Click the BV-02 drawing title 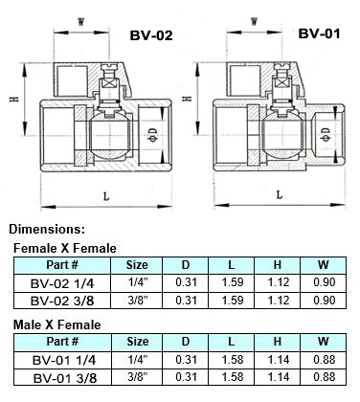pos(150,36)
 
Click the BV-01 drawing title pos(321,33)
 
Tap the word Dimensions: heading pos(47,229)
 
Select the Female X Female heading pos(64,248)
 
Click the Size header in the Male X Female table pos(137,341)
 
